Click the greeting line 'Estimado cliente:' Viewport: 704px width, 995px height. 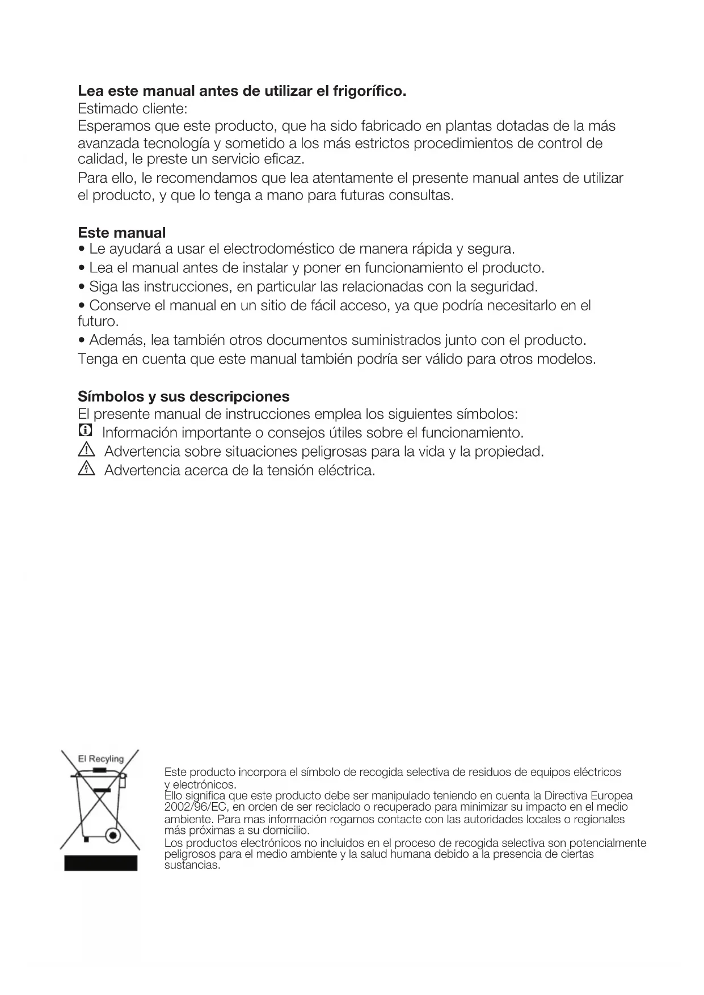click(132, 108)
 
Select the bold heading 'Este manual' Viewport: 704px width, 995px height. click(121, 233)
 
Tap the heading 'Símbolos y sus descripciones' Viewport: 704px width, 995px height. click(183, 396)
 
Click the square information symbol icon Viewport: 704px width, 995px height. click(85, 432)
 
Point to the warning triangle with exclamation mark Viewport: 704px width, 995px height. click(85, 451)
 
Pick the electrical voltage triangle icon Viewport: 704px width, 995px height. click(85, 470)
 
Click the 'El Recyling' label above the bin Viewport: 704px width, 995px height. click(101, 758)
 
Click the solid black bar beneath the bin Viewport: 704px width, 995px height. click(100, 863)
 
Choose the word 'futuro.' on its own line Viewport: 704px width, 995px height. click(98, 322)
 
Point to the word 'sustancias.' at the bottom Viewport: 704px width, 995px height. click(192, 866)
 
